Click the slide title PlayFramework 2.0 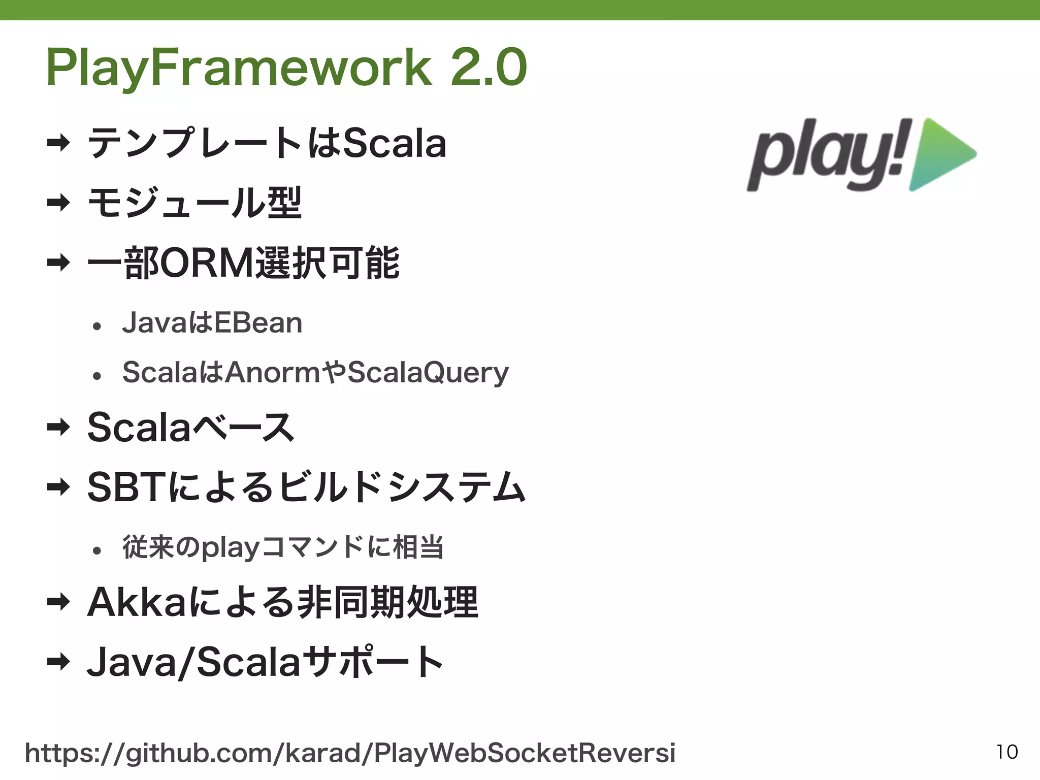tap(286, 68)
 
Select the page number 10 tap(1006, 752)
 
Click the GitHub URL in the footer tap(350, 753)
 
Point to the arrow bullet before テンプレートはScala tap(58, 143)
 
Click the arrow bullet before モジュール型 tap(58, 203)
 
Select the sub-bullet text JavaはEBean tap(212, 323)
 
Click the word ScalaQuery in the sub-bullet tap(428, 373)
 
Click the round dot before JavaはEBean tap(97, 326)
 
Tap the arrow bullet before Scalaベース tap(58, 428)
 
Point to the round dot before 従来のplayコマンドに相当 tap(97, 550)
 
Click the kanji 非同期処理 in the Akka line tap(388, 602)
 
